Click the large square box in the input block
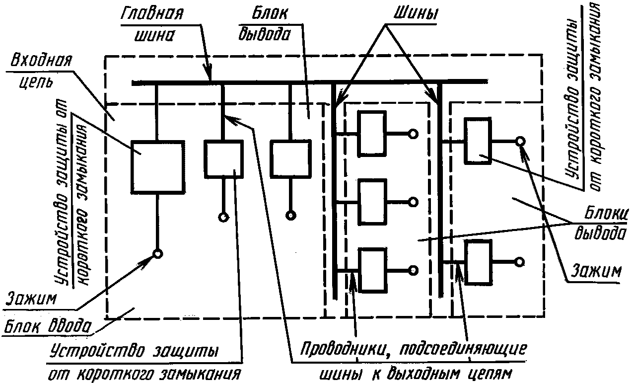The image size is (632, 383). pos(157,167)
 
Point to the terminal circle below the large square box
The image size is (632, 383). pos(157,254)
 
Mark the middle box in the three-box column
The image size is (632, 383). pos(372,202)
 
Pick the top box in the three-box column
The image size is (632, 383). pos(372,133)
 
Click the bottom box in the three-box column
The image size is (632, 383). pos(372,270)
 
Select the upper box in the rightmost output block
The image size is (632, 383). pos(478,141)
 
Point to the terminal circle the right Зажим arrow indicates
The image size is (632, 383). pos(519,141)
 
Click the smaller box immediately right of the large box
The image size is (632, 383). pos(223,159)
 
